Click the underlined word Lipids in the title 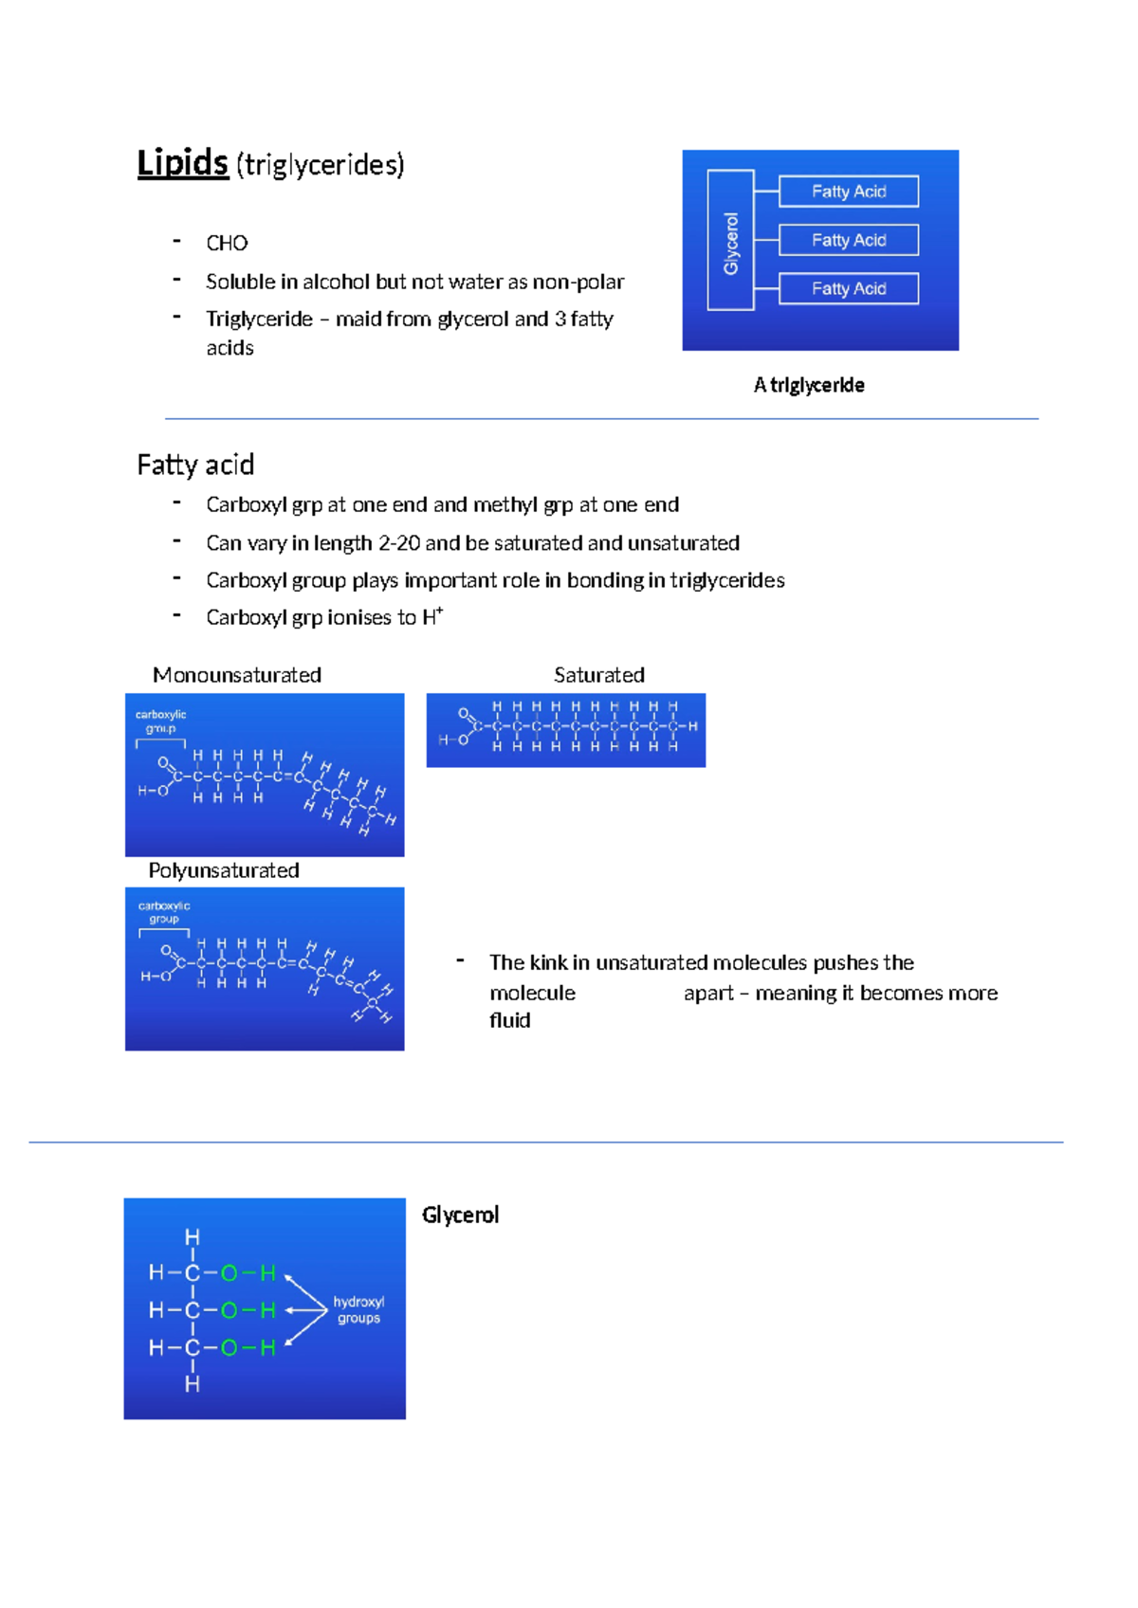point(183,163)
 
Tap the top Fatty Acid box point(849,192)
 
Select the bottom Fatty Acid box point(849,288)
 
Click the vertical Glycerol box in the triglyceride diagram point(731,241)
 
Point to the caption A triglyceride point(809,385)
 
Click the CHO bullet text point(227,244)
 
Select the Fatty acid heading point(195,465)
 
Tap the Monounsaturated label point(237,675)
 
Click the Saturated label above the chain point(599,675)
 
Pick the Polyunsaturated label point(224,870)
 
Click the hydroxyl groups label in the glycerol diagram point(358,1309)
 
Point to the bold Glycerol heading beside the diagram point(460,1215)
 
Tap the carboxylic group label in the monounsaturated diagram point(161,722)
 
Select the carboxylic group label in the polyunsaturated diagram point(164,912)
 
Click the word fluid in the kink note point(510,1020)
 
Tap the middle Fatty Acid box point(849,240)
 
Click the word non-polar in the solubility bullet point(578,282)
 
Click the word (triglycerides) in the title point(321,165)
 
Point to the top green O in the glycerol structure point(229,1273)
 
